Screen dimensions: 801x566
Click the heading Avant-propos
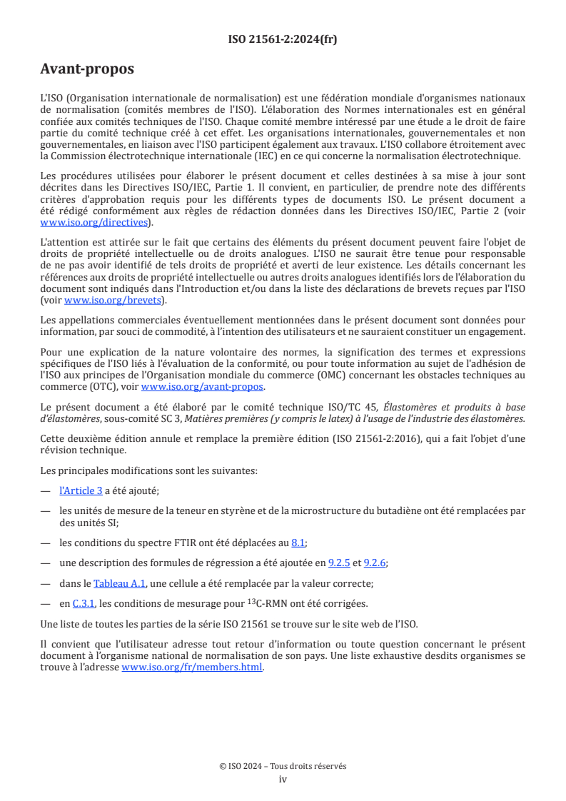pyautogui.click(x=87, y=69)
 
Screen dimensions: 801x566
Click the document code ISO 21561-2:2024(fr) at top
pyautogui.click(x=283, y=40)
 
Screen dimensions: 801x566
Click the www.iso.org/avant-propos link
pyautogui.click(x=203, y=387)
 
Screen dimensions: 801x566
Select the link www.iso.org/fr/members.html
pyautogui.click(x=192, y=667)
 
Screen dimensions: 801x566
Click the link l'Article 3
pyautogui.click(x=81, y=490)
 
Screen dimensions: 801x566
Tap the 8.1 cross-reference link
pyautogui.click(x=298, y=543)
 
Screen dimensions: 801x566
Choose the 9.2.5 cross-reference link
pyautogui.click(x=339, y=563)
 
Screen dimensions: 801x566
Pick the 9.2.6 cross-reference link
pyautogui.click(x=375, y=563)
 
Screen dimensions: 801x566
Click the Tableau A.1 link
pyautogui.click(x=119, y=583)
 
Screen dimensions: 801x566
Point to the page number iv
pyautogui.click(x=283, y=780)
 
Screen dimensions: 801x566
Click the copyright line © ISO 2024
pyautogui.click(x=283, y=766)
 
